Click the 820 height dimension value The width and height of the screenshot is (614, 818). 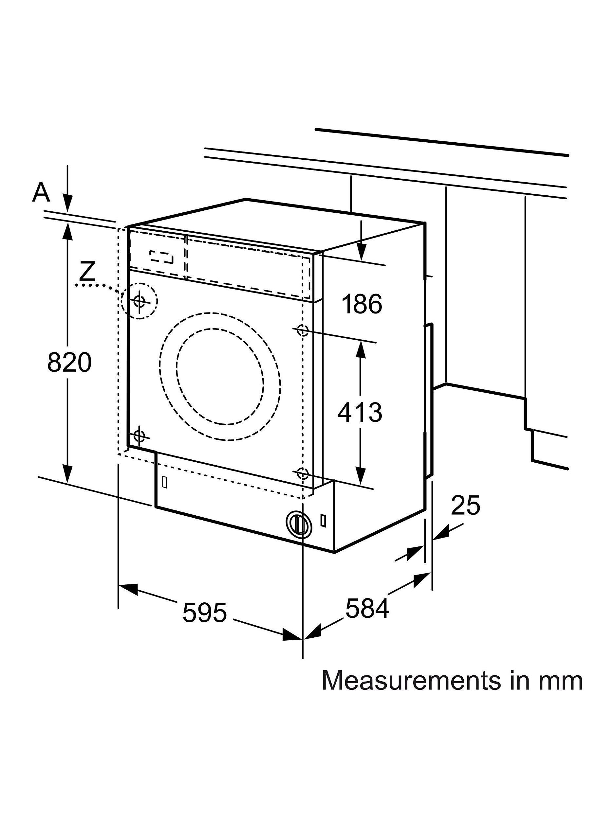click(69, 363)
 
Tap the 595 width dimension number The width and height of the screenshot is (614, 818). click(204, 613)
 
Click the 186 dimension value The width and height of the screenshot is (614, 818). click(361, 304)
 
